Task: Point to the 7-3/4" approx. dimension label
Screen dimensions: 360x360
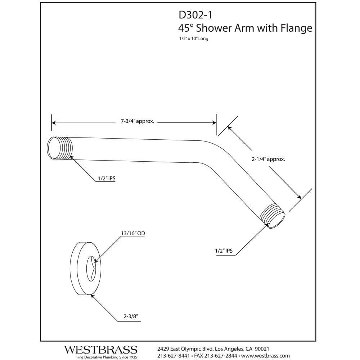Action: click(138, 122)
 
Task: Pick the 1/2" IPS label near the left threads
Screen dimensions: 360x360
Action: click(106, 178)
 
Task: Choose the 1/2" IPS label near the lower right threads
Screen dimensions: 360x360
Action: click(224, 251)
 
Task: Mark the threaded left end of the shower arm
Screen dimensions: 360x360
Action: click(59, 148)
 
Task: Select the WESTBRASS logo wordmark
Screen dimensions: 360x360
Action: click(101, 350)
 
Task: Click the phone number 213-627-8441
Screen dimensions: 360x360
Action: click(174, 356)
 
